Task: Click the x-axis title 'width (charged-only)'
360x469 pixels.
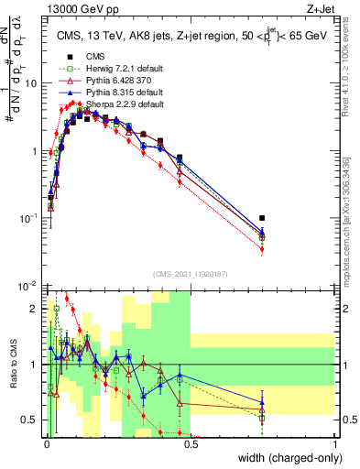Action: click(x=284, y=459)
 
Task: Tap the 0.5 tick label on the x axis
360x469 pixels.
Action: click(x=191, y=443)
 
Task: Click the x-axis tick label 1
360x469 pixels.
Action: click(x=334, y=443)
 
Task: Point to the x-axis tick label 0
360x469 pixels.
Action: click(x=46, y=443)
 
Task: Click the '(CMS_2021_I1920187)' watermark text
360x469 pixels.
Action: click(x=191, y=274)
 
